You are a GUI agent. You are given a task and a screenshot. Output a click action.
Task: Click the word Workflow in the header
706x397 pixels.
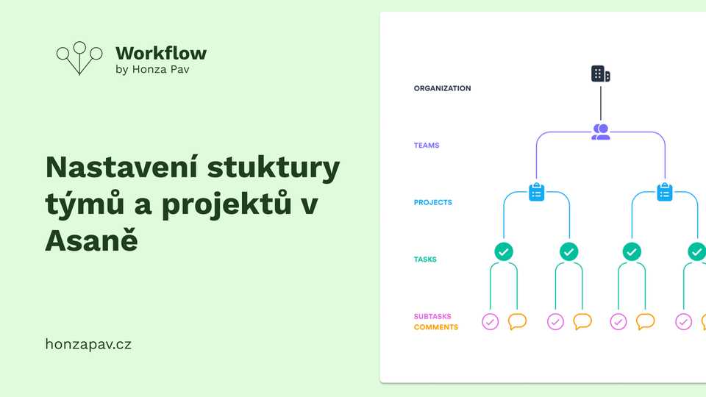161,53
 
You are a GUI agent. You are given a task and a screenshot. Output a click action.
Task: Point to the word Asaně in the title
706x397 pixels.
91,240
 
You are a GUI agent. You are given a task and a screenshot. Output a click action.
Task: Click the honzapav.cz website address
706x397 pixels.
88,343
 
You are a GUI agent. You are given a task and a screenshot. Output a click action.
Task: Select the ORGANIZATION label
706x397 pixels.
442,88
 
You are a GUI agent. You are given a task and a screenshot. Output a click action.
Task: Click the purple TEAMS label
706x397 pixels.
427,146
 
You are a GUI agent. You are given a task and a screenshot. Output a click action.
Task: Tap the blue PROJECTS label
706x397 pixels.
432,202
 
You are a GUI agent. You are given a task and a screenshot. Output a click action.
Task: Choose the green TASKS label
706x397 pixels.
425,260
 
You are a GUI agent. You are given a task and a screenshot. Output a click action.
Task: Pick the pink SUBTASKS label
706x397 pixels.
432,317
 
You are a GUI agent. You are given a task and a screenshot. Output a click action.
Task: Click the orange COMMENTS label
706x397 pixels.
435,327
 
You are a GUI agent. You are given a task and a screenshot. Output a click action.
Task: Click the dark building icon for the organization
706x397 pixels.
601,74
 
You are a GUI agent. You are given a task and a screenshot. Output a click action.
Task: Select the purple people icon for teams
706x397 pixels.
601,132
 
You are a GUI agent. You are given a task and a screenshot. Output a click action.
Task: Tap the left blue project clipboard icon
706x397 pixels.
537,193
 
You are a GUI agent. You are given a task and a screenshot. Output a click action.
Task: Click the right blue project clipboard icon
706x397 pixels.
665,193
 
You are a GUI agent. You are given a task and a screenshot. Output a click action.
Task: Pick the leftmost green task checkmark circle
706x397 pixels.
504,251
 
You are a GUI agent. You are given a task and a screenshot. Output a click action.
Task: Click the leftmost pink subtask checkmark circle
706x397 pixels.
491,321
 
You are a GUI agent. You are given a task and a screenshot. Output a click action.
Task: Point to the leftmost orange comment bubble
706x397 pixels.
518,321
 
